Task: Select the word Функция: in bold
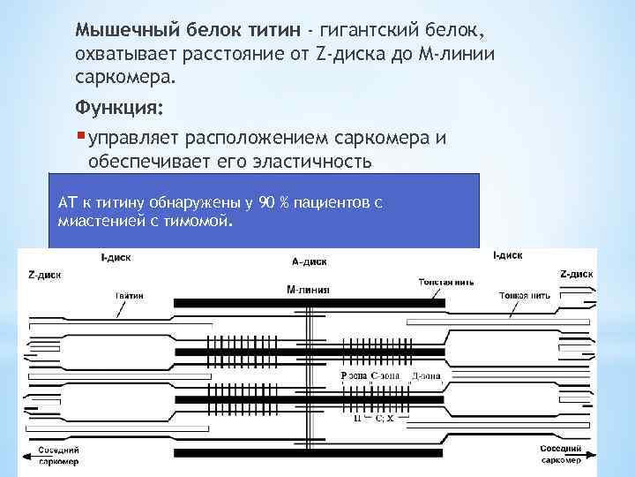pos(117,109)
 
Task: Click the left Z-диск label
pos(45,275)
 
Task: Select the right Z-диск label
pos(577,274)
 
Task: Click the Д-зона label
pos(425,375)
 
